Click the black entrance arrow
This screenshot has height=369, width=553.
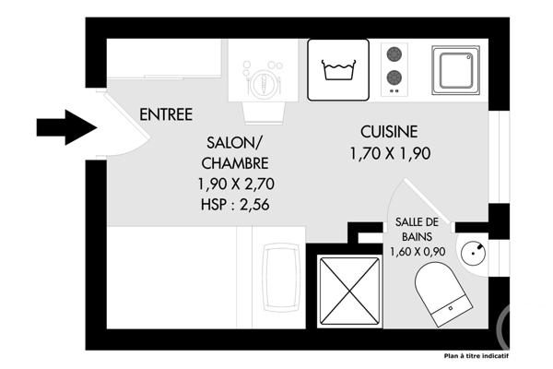coord(66,127)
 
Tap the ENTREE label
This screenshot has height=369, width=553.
coord(166,115)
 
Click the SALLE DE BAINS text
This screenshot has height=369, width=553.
coord(417,229)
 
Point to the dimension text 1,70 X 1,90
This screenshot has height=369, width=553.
coord(390,154)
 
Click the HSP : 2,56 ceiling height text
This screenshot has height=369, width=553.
coord(234,204)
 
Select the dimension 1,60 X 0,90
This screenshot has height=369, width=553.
coord(418,251)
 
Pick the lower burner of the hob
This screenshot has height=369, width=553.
coord(394,78)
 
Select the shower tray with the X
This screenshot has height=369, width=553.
coord(349,289)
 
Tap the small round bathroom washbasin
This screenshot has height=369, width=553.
coord(473,251)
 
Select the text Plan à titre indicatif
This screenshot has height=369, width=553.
coord(476,356)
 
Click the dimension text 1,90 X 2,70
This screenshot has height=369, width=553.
coord(234,184)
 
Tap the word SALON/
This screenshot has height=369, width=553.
coord(234,143)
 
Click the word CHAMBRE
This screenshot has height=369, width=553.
coord(234,163)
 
